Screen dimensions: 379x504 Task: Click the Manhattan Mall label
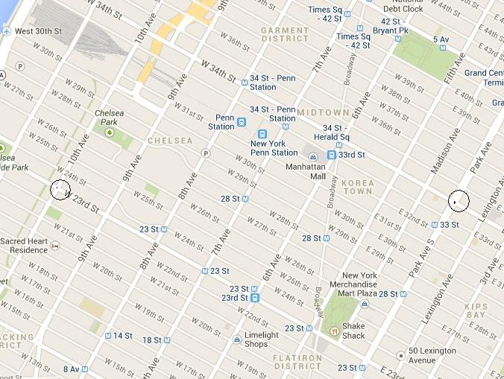[306, 171]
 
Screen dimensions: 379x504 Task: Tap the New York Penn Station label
[274, 147]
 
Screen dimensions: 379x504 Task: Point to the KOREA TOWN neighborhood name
[359, 187]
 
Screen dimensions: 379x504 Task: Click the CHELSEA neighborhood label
[169, 141]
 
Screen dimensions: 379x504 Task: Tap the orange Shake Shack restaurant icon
[335, 331]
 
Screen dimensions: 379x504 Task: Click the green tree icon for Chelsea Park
[110, 133]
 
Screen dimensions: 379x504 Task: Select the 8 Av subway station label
[71, 369]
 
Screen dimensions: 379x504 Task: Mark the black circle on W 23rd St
[60, 190]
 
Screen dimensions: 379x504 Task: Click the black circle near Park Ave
[459, 200]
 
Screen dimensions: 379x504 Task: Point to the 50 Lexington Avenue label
[432, 356]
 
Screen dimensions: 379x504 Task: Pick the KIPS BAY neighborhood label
[476, 311]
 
